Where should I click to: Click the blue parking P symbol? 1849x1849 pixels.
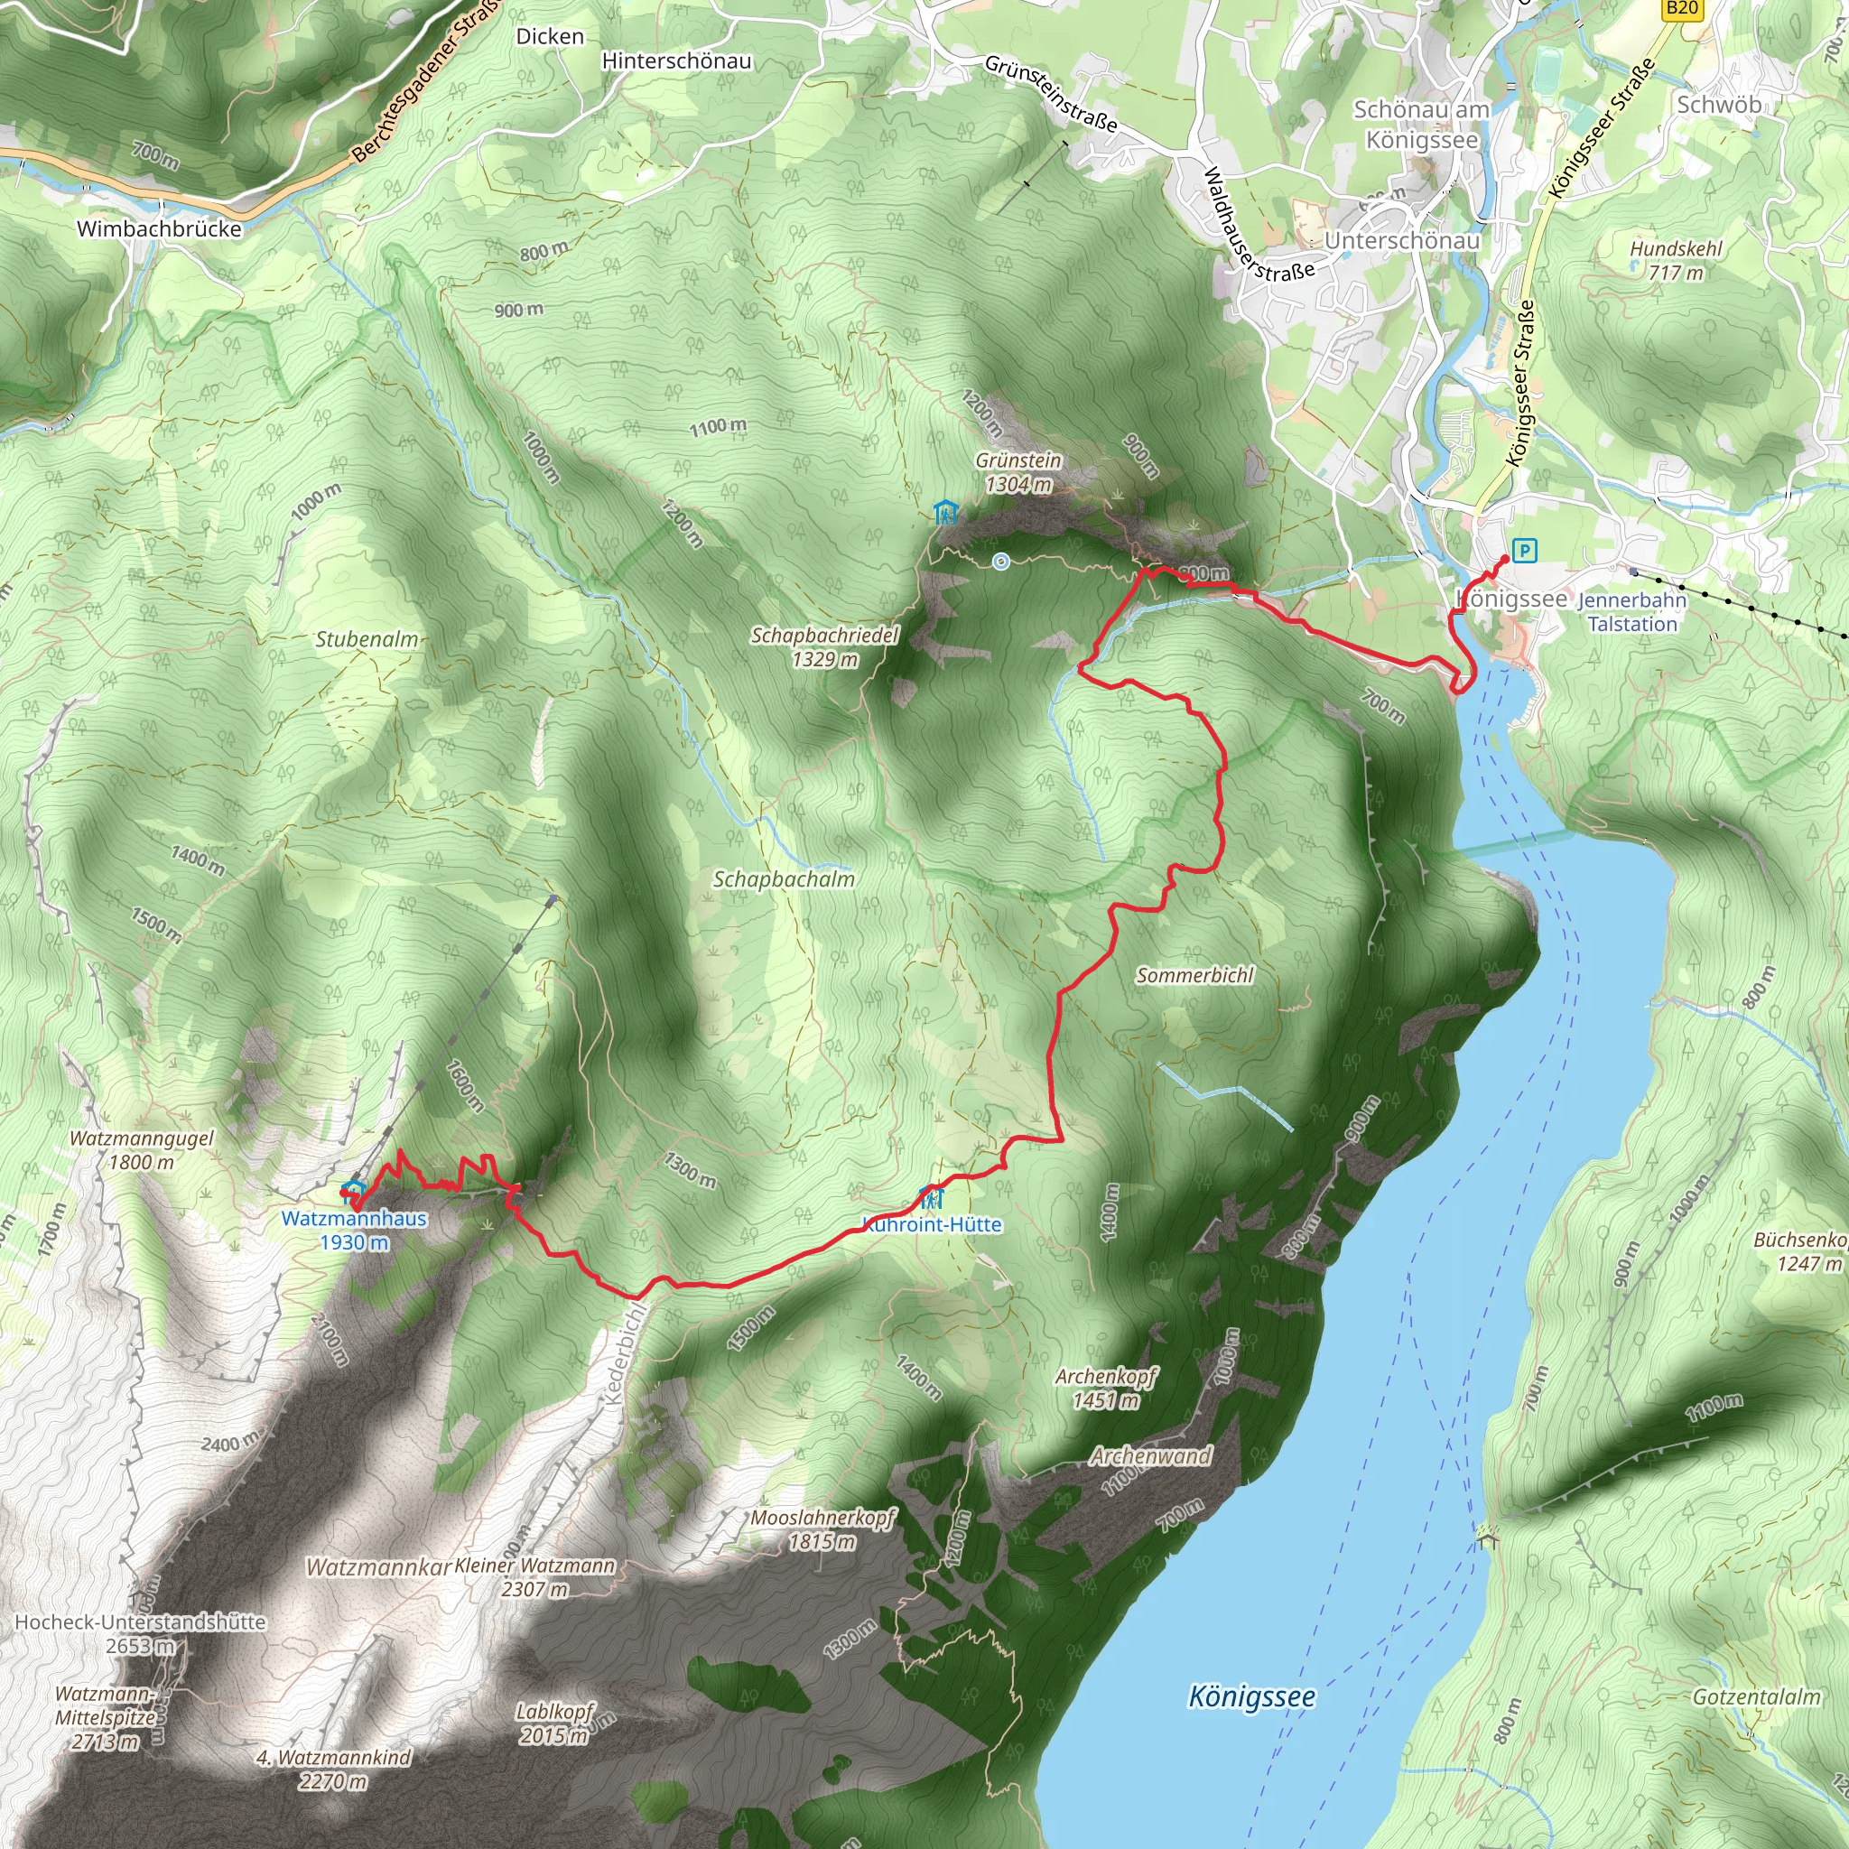(x=1525, y=551)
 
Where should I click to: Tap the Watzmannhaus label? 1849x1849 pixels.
(x=354, y=1218)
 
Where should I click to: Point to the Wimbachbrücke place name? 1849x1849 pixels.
(x=159, y=228)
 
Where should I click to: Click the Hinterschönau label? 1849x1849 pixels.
(x=676, y=61)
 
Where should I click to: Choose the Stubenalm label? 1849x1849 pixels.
(x=367, y=639)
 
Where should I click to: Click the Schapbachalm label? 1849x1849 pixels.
(x=784, y=878)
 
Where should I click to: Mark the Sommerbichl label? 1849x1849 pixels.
(x=1194, y=975)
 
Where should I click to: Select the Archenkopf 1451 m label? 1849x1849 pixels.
(x=1106, y=1388)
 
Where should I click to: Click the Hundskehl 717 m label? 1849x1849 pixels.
(x=1676, y=260)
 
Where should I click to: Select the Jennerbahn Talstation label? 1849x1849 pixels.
(x=1631, y=611)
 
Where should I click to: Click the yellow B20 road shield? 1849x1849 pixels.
(x=1680, y=10)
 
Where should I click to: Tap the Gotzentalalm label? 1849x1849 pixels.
(x=1756, y=1696)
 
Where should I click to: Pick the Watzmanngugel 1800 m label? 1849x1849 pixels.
(x=142, y=1149)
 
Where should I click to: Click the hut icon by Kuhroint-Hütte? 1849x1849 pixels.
(x=930, y=1197)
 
